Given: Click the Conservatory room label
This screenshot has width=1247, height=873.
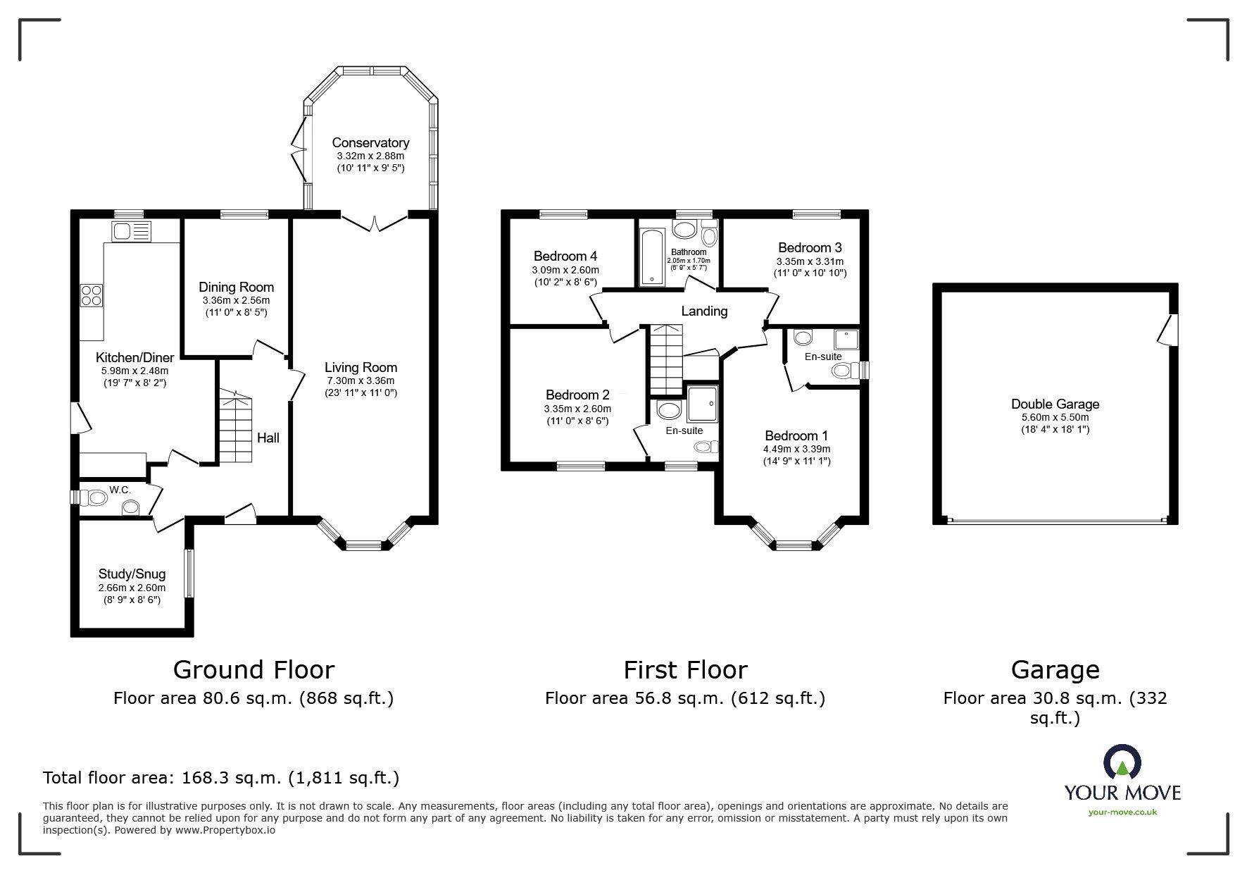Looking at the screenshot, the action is (370, 143).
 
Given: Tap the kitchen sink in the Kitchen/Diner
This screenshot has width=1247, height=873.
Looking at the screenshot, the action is (131, 230).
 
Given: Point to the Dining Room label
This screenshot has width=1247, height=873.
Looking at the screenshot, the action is (236, 287).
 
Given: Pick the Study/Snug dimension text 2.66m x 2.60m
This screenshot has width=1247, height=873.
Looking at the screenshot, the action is (132, 588).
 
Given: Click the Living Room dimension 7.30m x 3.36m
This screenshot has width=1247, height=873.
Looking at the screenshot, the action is (361, 380).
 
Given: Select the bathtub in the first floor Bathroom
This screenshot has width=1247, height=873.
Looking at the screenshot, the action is (652, 257).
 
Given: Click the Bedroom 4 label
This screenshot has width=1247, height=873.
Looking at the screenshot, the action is (565, 256).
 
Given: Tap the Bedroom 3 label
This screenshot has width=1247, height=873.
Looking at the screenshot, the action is (810, 247).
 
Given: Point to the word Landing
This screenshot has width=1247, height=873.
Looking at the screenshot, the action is (704, 311).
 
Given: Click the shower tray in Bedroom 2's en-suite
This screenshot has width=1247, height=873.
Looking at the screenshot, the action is (702, 402).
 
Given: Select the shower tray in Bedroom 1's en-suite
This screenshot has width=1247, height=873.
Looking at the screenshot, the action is (847, 340).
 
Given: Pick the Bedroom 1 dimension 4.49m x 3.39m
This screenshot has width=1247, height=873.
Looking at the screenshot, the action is (797, 449).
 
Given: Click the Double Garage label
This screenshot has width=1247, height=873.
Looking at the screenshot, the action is (1055, 404).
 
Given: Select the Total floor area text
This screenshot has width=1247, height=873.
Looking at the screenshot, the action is (221, 778).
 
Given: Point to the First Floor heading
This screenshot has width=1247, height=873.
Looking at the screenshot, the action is (685, 669).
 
